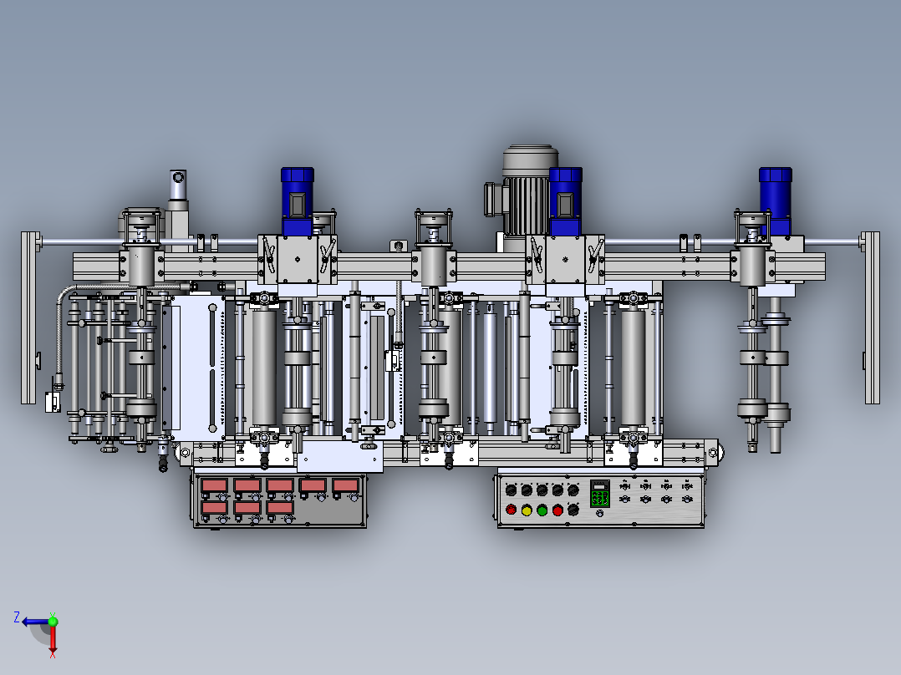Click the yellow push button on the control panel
click(x=527, y=510)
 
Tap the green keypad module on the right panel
click(x=599, y=494)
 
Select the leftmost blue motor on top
click(x=297, y=201)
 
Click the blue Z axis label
click(x=17, y=617)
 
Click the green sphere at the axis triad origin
click(x=53, y=621)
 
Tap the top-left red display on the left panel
click(x=214, y=486)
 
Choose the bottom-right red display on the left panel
click(x=280, y=508)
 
